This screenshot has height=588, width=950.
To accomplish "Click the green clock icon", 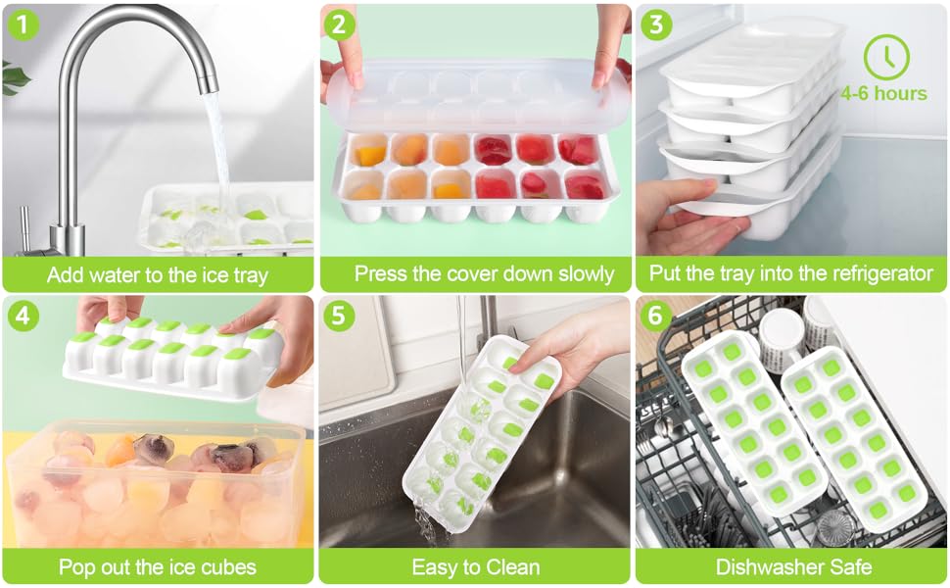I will click(885, 57).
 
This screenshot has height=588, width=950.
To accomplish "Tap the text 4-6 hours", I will click(883, 94).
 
